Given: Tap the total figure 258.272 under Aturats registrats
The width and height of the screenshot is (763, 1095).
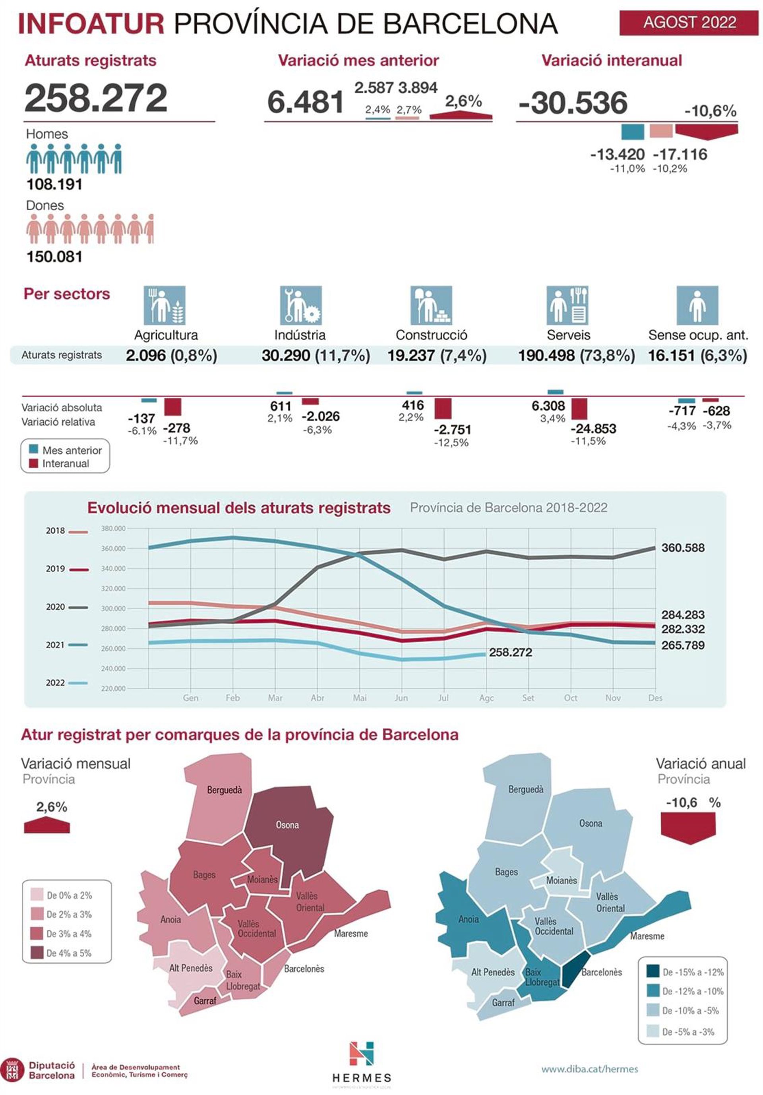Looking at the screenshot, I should tap(96, 98).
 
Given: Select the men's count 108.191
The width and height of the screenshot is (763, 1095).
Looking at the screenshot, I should tap(54, 184).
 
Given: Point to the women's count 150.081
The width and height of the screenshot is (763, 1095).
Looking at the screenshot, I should tap(54, 257).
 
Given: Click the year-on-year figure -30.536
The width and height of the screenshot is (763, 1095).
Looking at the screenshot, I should tap(573, 103).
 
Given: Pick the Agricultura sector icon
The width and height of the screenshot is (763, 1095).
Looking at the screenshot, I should tap(165, 305).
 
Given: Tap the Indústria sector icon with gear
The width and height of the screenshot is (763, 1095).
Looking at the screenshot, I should tap(300, 305).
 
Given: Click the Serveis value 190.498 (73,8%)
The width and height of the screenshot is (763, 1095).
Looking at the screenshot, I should tap(576, 355).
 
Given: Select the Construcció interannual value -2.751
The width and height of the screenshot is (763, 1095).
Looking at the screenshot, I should tap(452, 429).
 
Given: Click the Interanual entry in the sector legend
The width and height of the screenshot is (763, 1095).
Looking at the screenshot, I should tap(65, 463).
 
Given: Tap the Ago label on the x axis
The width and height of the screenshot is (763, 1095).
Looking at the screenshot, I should tap(486, 698).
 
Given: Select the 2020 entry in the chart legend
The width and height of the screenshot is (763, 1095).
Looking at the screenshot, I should tap(55, 607).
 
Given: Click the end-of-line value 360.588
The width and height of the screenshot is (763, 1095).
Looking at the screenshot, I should tap(682, 548).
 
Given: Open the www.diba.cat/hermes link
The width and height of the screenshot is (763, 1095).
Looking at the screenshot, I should tap(589, 1069).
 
